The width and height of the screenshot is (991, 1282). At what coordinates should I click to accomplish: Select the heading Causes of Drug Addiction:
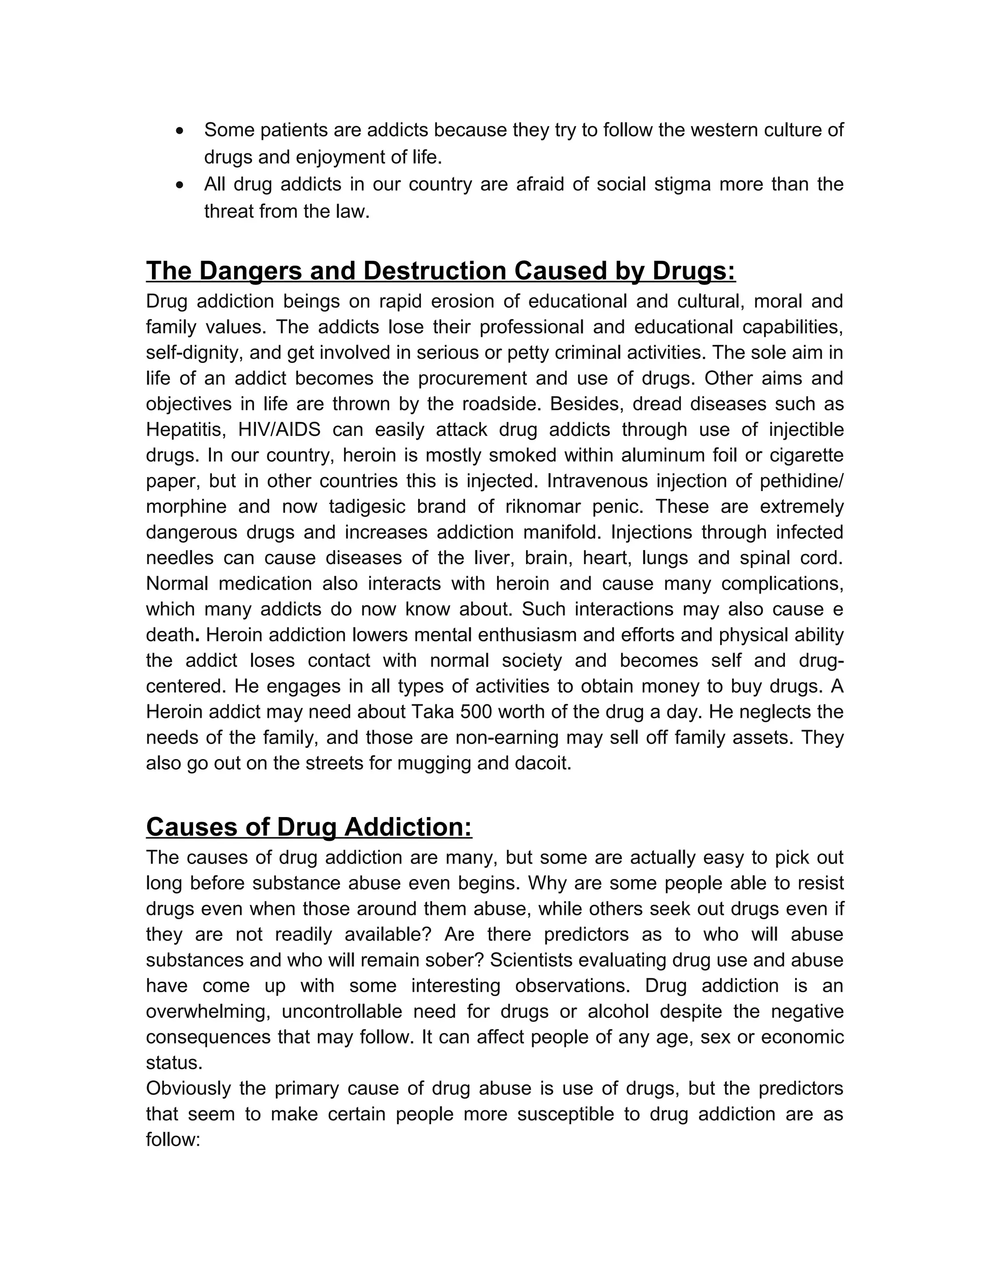click(x=309, y=827)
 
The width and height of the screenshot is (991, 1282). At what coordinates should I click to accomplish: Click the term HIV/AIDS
click(x=279, y=430)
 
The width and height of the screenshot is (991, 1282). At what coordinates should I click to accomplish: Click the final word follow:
click(x=173, y=1140)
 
